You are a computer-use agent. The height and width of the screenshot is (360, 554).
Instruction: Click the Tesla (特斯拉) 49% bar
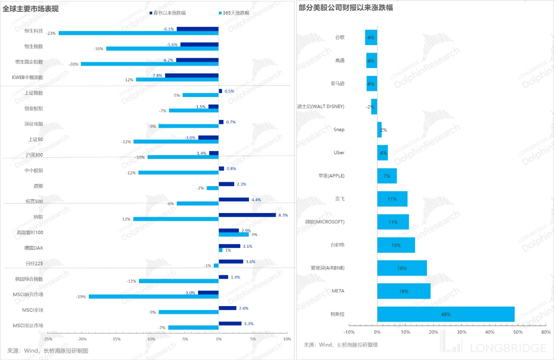point(445,314)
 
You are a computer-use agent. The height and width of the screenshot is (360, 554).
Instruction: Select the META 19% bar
point(404,291)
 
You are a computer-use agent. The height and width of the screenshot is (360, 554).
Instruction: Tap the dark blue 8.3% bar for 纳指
point(247,215)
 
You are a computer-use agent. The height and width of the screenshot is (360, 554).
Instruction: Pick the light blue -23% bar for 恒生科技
point(138,33)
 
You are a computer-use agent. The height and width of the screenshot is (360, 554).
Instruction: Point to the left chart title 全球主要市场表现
point(31,9)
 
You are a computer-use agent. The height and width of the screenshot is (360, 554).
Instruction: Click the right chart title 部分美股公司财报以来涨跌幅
point(346,8)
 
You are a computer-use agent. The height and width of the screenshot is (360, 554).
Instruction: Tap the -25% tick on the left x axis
point(48,339)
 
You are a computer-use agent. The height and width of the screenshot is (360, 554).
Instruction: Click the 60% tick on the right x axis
point(546,332)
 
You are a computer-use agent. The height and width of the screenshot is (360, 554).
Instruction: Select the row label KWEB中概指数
point(28,78)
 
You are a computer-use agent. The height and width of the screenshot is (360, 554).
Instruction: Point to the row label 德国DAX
point(34,248)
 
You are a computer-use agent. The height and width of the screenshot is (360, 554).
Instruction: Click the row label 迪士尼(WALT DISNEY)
point(321,107)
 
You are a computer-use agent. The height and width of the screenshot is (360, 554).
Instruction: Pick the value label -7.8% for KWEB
point(157,76)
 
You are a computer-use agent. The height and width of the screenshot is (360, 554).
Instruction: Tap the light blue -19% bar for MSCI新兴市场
point(153,296)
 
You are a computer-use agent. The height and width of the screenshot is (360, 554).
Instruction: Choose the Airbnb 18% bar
point(402,268)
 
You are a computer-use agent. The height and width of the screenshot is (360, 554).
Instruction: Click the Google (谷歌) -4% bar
point(371,38)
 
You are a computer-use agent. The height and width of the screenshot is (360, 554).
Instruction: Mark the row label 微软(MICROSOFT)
point(325,222)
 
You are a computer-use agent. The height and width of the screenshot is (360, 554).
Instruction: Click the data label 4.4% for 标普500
point(256,200)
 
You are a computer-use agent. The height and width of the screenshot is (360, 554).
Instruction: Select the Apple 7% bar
point(387,176)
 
